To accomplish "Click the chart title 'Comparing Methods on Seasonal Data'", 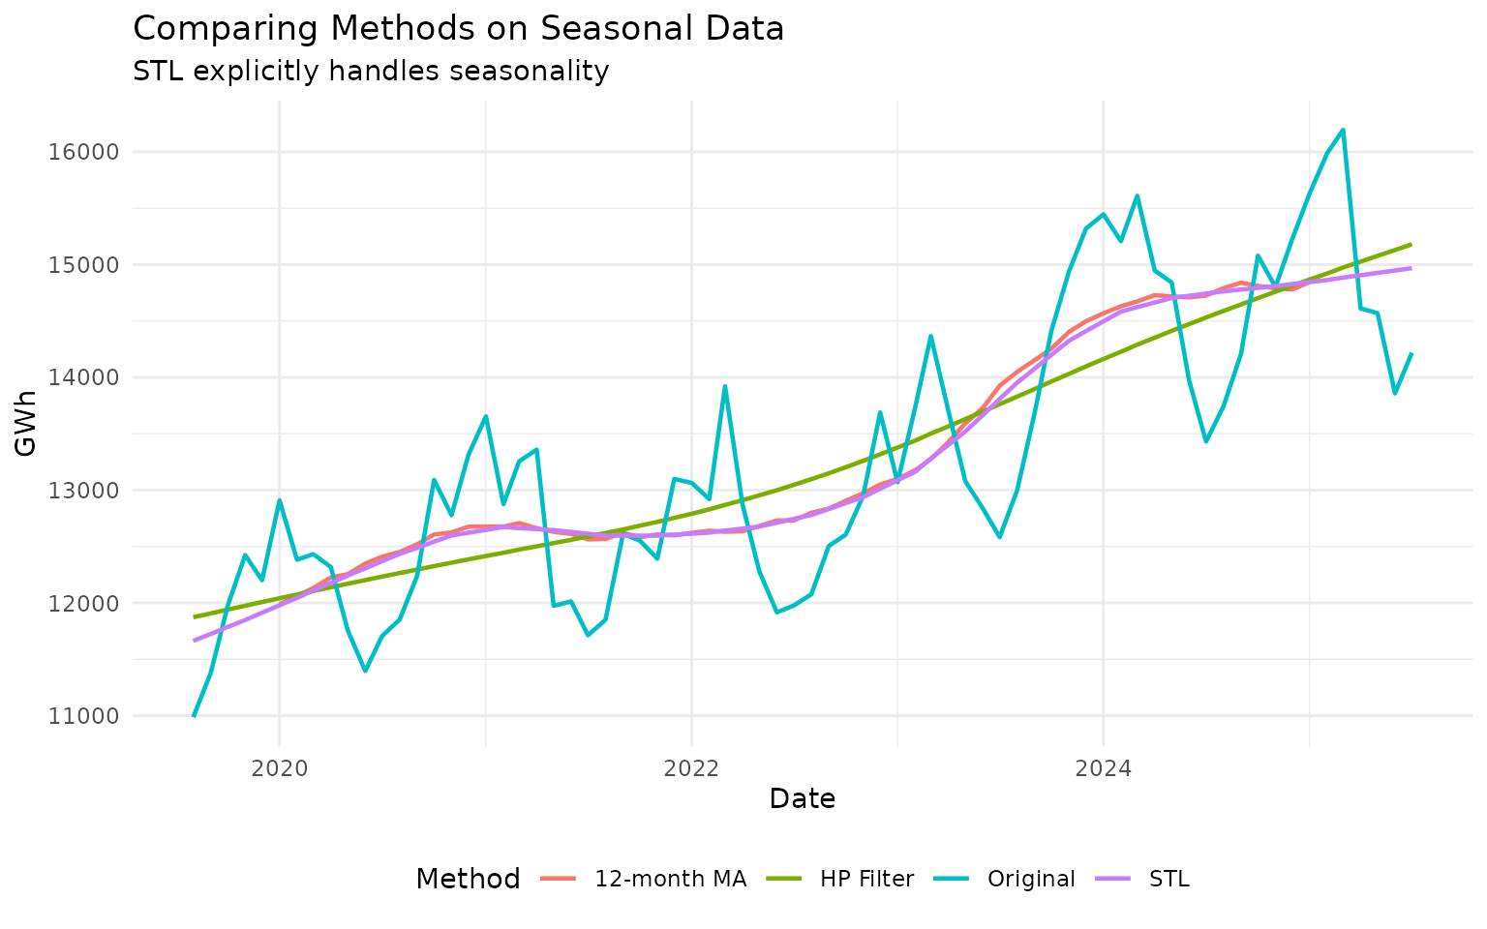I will coord(458,29).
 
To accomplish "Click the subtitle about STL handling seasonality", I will coord(371,72).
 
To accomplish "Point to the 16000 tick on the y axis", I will coord(91,152).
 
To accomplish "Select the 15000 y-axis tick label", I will coord(91,265).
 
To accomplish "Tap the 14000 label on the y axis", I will coord(91,377).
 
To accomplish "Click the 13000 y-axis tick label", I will coord(91,491).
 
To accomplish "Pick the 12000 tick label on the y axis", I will coord(91,604).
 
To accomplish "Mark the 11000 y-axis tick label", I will coord(91,716).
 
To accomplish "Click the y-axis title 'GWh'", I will coord(27,423).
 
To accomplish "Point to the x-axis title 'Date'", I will coord(802,799).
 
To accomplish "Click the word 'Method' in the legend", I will coord(468,879).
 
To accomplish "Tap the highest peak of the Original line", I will coord(1343,130).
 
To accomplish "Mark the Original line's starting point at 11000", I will coord(194,716).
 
